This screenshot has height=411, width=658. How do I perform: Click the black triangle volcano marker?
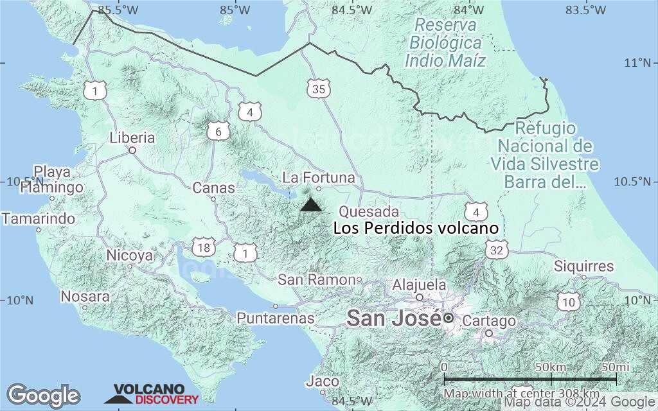[x=312, y=205]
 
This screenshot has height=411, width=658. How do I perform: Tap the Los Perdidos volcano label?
[x=416, y=229]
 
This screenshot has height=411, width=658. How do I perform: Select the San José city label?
[x=394, y=317]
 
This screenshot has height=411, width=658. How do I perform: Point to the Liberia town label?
[x=132, y=137]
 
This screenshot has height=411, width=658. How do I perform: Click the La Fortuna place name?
[x=319, y=177]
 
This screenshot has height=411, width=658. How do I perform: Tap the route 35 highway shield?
[x=318, y=89]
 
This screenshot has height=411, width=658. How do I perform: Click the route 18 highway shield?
[x=204, y=248]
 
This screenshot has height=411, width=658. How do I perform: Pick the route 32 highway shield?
[x=495, y=250]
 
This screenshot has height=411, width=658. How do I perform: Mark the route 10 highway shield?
[x=569, y=302]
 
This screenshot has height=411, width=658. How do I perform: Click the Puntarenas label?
[x=276, y=318]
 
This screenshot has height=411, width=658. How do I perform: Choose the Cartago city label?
[x=489, y=321]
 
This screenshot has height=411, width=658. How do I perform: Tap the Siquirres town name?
[x=584, y=266]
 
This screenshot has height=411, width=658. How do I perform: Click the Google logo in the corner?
[x=43, y=395]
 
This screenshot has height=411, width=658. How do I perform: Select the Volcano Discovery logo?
[x=152, y=394]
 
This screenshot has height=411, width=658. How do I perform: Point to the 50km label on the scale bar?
[x=550, y=367]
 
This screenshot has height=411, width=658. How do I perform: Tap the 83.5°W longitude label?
[x=585, y=10]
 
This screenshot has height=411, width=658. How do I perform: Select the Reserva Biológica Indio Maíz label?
[x=445, y=43]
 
